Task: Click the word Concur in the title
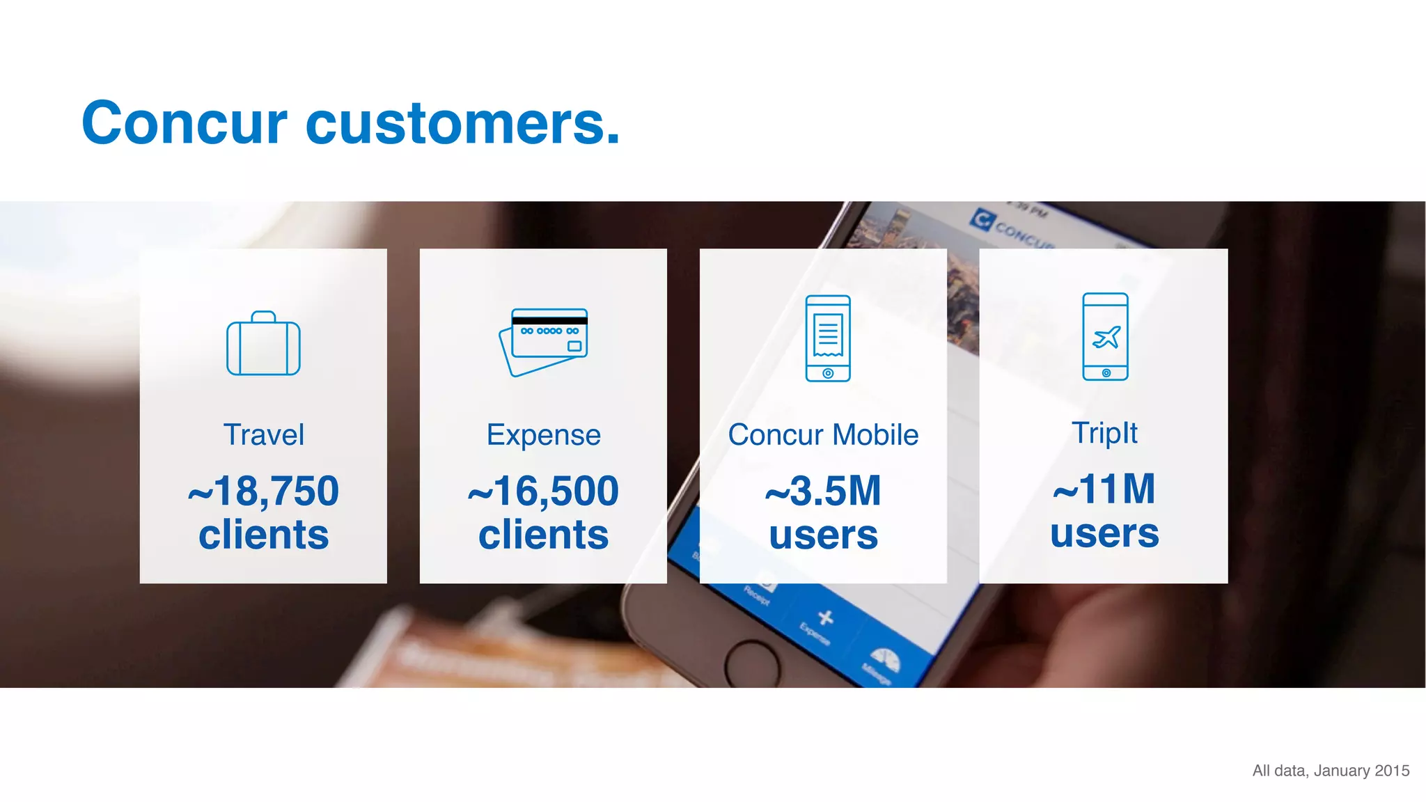184,123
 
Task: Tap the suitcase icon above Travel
263,345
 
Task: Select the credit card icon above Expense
544,342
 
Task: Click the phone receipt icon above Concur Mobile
827,338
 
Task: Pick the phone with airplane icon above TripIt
1105,337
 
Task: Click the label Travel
263,435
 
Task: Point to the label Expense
543,435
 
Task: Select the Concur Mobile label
823,435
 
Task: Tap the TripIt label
1104,433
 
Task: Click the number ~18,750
263,491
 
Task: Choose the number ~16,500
543,491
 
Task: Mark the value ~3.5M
823,491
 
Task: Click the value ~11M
1104,489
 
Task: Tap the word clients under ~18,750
263,535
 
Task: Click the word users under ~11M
1104,533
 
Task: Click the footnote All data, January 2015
1331,771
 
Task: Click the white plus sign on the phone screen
826,618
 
